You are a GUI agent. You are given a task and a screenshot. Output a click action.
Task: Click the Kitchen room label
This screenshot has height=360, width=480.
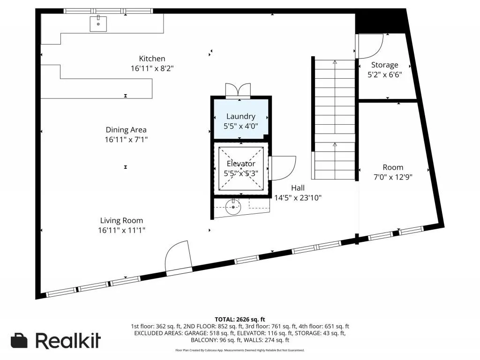[x=152, y=59]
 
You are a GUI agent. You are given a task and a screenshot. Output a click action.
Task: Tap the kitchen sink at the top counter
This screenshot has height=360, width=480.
[x=98, y=24]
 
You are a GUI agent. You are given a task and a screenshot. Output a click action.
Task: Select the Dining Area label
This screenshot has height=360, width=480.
[x=126, y=130]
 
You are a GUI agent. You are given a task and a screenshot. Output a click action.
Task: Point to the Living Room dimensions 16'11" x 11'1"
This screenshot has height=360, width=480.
[x=121, y=230]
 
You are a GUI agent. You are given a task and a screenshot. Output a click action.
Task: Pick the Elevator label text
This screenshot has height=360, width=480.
[x=241, y=164]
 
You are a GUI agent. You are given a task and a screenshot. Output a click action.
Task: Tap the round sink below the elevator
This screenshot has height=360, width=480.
[x=233, y=207]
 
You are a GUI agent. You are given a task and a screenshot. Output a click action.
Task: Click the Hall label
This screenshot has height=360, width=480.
[x=298, y=188]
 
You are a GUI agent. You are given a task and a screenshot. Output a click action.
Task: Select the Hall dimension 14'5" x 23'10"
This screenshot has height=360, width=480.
[x=298, y=198]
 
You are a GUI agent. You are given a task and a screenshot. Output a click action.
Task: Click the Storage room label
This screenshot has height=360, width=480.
[x=385, y=65]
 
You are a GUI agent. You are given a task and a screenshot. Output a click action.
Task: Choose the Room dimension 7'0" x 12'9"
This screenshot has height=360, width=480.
[x=393, y=177]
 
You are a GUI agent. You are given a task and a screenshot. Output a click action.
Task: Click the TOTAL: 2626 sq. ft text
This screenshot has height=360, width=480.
[x=240, y=320]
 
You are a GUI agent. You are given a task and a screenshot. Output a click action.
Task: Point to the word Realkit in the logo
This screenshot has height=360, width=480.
[x=68, y=340]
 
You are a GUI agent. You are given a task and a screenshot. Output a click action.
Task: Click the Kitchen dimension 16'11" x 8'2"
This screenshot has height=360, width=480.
[x=152, y=68]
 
